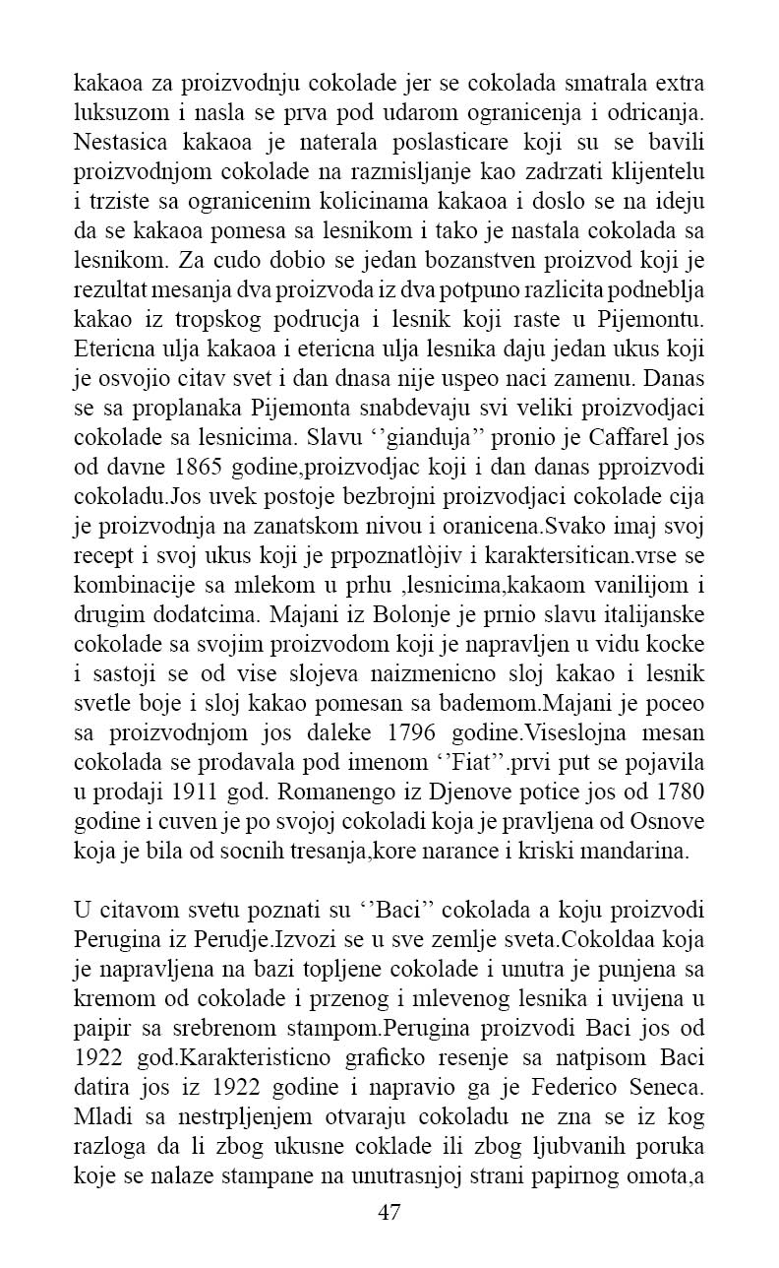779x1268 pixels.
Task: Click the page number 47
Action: pos(389,1213)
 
